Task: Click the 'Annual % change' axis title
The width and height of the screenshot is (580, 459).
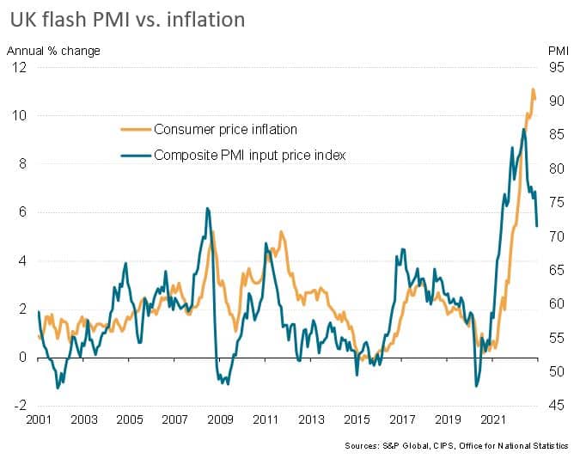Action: click(x=53, y=51)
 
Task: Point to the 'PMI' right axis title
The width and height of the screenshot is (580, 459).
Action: click(x=558, y=51)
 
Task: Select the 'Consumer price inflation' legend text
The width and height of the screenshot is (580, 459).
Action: click(x=225, y=130)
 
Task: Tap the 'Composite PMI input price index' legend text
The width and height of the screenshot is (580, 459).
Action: click(x=249, y=156)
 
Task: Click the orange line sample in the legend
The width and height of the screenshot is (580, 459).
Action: click(x=134, y=130)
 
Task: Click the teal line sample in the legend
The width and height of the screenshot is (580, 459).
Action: click(x=134, y=156)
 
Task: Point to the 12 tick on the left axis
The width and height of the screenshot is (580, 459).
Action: click(x=19, y=67)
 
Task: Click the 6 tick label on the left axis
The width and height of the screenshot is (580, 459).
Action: click(x=22, y=212)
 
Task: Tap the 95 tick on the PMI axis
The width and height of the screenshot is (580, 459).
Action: click(x=556, y=67)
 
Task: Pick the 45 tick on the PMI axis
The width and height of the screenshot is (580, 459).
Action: click(x=556, y=406)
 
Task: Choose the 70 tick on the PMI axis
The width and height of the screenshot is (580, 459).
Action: click(x=556, y=236)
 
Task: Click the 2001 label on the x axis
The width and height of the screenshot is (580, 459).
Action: click(x=38, y=420)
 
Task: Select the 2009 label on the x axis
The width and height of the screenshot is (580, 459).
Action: click(x=221, y=420)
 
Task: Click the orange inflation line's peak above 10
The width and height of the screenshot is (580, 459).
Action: click(x=533, y=89)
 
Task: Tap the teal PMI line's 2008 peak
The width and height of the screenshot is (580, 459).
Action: click(x=207, y=208)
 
